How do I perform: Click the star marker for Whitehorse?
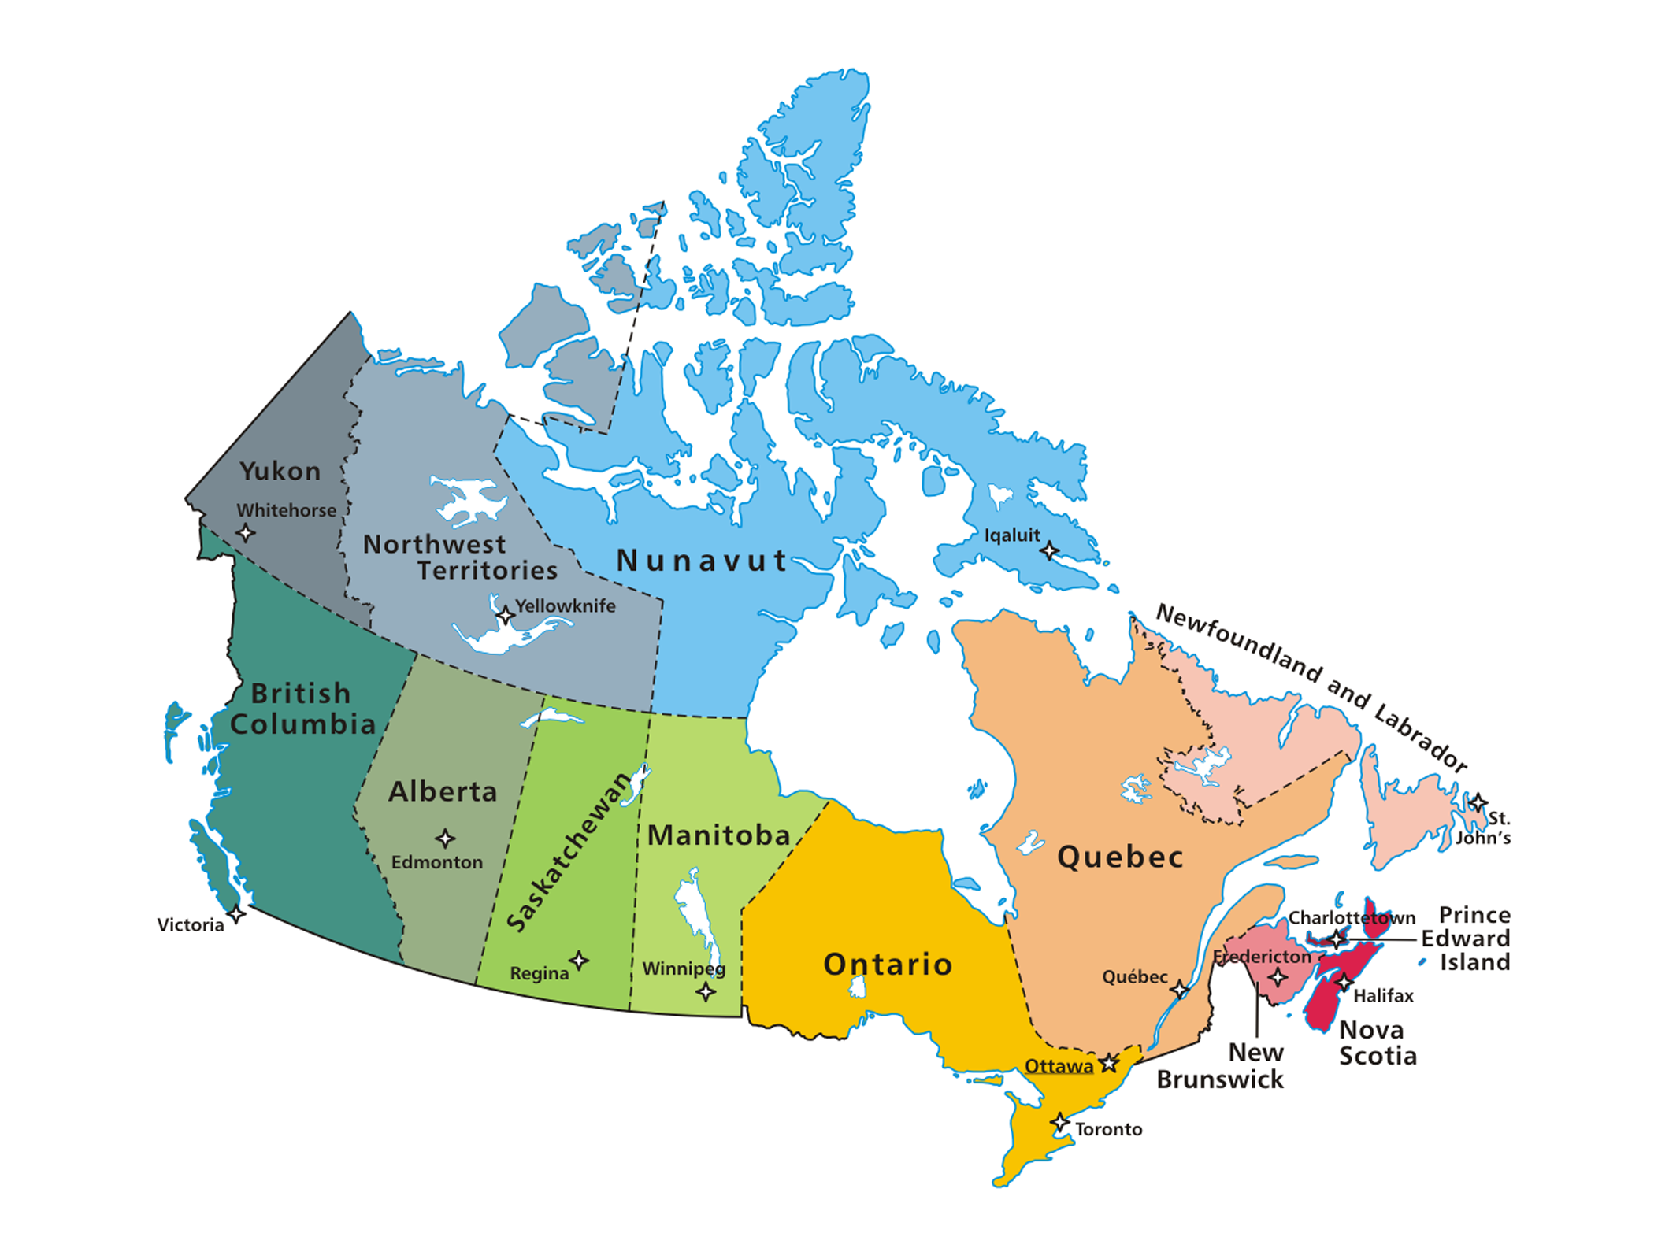pyautogui.click(x=246, y=533)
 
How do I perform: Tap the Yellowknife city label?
pyautogui.click(x=565, y=605)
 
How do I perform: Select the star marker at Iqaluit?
pyautogui.click(x=1048, y=550)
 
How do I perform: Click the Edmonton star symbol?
pyautogui.click(x=445, y=838)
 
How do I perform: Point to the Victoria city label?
pyautogui.click(x=190, y=924)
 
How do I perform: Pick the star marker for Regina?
pyautogui.click(x=579, y=960)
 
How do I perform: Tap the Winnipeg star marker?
pyautogui.click(x=706, y=991)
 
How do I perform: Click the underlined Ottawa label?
pyautogui.click(x=1058, y=1066)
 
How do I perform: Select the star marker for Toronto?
pyautogui.click(x=1060, y=1123)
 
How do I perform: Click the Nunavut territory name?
pyautogui.click(x=701, y=561)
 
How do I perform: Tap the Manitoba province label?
pyautogui.click(x=718, y=835)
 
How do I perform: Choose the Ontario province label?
pyautogui.click(x=888, y=964)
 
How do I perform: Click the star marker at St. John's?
pyautogui.click(x=1478, y=803)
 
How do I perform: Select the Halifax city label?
pyautogui.click(x=1383, y=996)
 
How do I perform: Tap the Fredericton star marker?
pyautogui.click(x=1278, y=978)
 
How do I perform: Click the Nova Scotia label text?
pyautogui.click(x=1378, y=1042)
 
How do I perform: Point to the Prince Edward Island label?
pyautogui.click(x=1466, y=938)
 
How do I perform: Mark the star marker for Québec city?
pyautogui.click(x=1179, y=989)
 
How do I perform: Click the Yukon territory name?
pyautogui.click(x=280, y=471)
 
